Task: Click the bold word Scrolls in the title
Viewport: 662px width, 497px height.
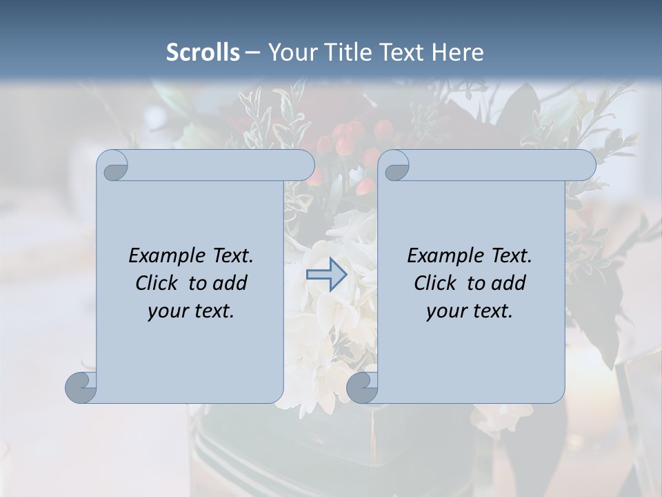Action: click(203, 52)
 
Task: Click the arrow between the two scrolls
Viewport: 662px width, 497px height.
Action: click(326, 275)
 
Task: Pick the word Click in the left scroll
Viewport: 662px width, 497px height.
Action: click(157, 283)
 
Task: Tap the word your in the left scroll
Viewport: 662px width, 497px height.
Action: click(166, 311)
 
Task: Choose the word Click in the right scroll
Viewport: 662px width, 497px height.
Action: click(435, 283)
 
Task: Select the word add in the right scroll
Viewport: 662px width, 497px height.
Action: click(510, 283)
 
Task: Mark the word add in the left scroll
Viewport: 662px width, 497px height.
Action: click(231, 283)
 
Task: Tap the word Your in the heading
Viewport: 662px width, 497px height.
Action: click(289, 52)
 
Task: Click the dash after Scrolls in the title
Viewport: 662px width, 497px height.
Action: click(252, 52)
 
